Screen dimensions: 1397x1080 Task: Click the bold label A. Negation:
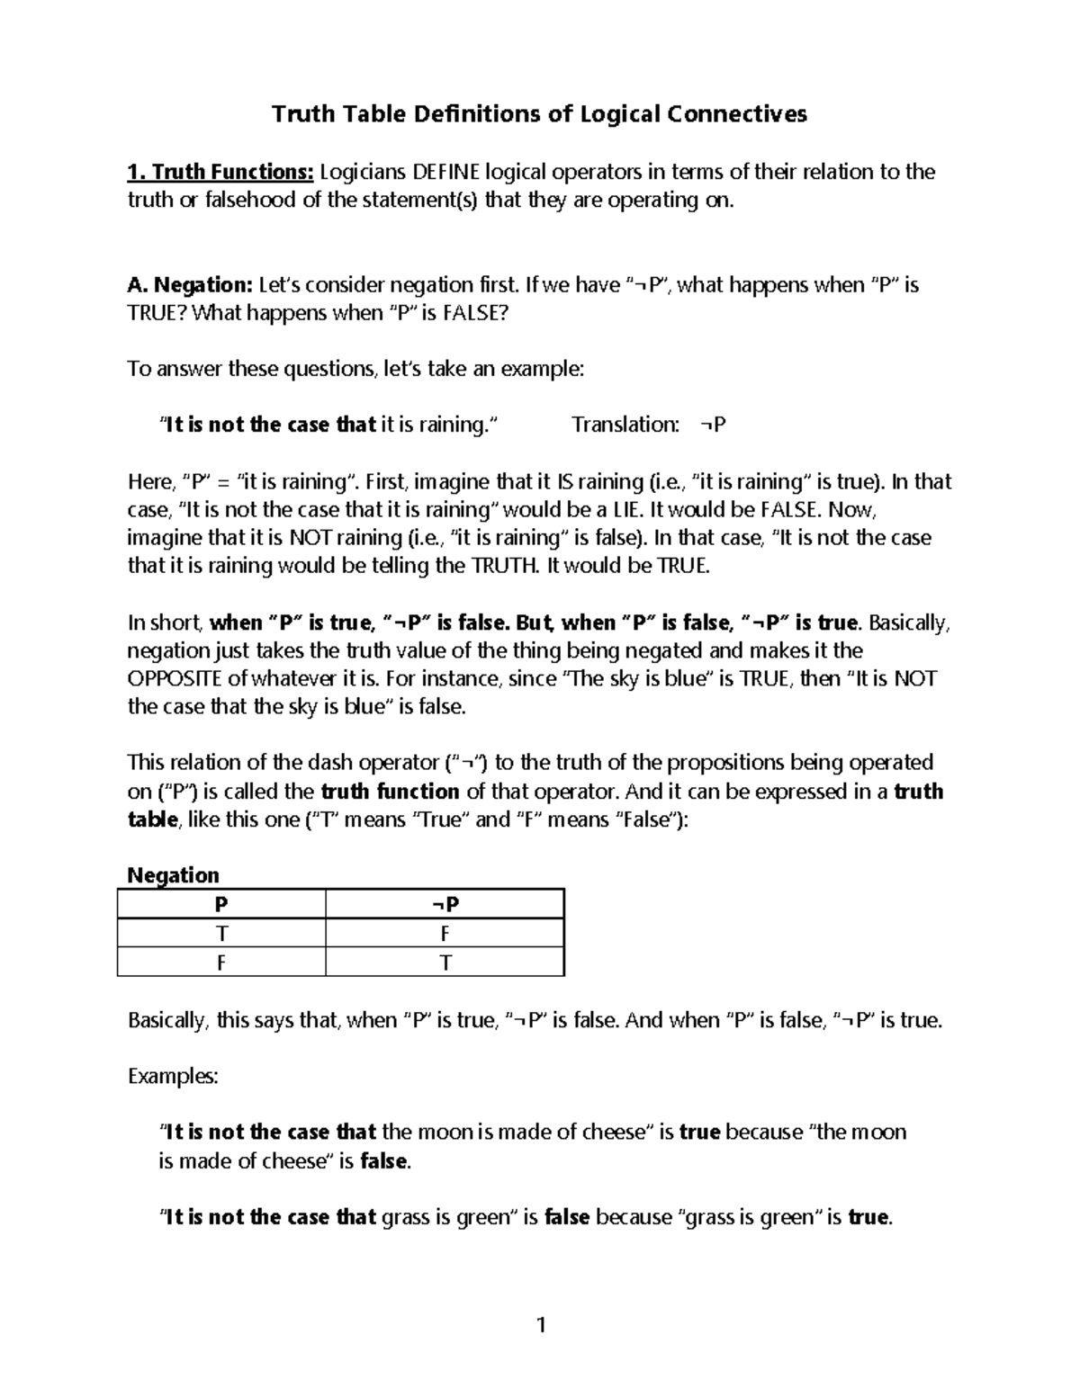point(190,285)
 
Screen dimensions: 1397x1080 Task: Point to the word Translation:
point(625,425)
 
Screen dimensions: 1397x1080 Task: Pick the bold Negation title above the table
point(173,875)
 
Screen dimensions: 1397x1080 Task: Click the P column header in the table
point(220,905)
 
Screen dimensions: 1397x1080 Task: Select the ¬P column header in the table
point(445,905)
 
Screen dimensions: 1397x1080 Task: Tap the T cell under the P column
point(220,934)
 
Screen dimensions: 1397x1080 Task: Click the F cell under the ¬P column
point(445,934)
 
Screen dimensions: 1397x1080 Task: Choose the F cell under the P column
point(220,963)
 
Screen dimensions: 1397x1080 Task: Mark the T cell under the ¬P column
point(445,963)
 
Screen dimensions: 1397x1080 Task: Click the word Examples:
point(173,1076)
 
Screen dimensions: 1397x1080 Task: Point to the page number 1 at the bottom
point(540,1324)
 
